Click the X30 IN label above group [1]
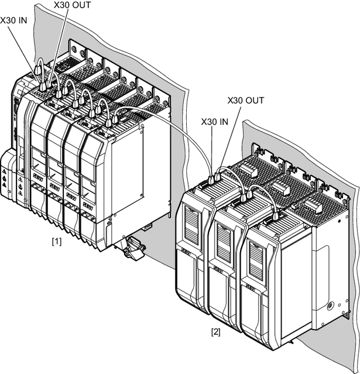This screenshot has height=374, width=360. point(14,19)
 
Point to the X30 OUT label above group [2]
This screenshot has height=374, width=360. point(245,100)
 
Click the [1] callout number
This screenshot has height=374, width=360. point(56,240)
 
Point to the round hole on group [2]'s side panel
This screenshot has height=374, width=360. point(330,306)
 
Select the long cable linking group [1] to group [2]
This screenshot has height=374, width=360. point(176,129)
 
